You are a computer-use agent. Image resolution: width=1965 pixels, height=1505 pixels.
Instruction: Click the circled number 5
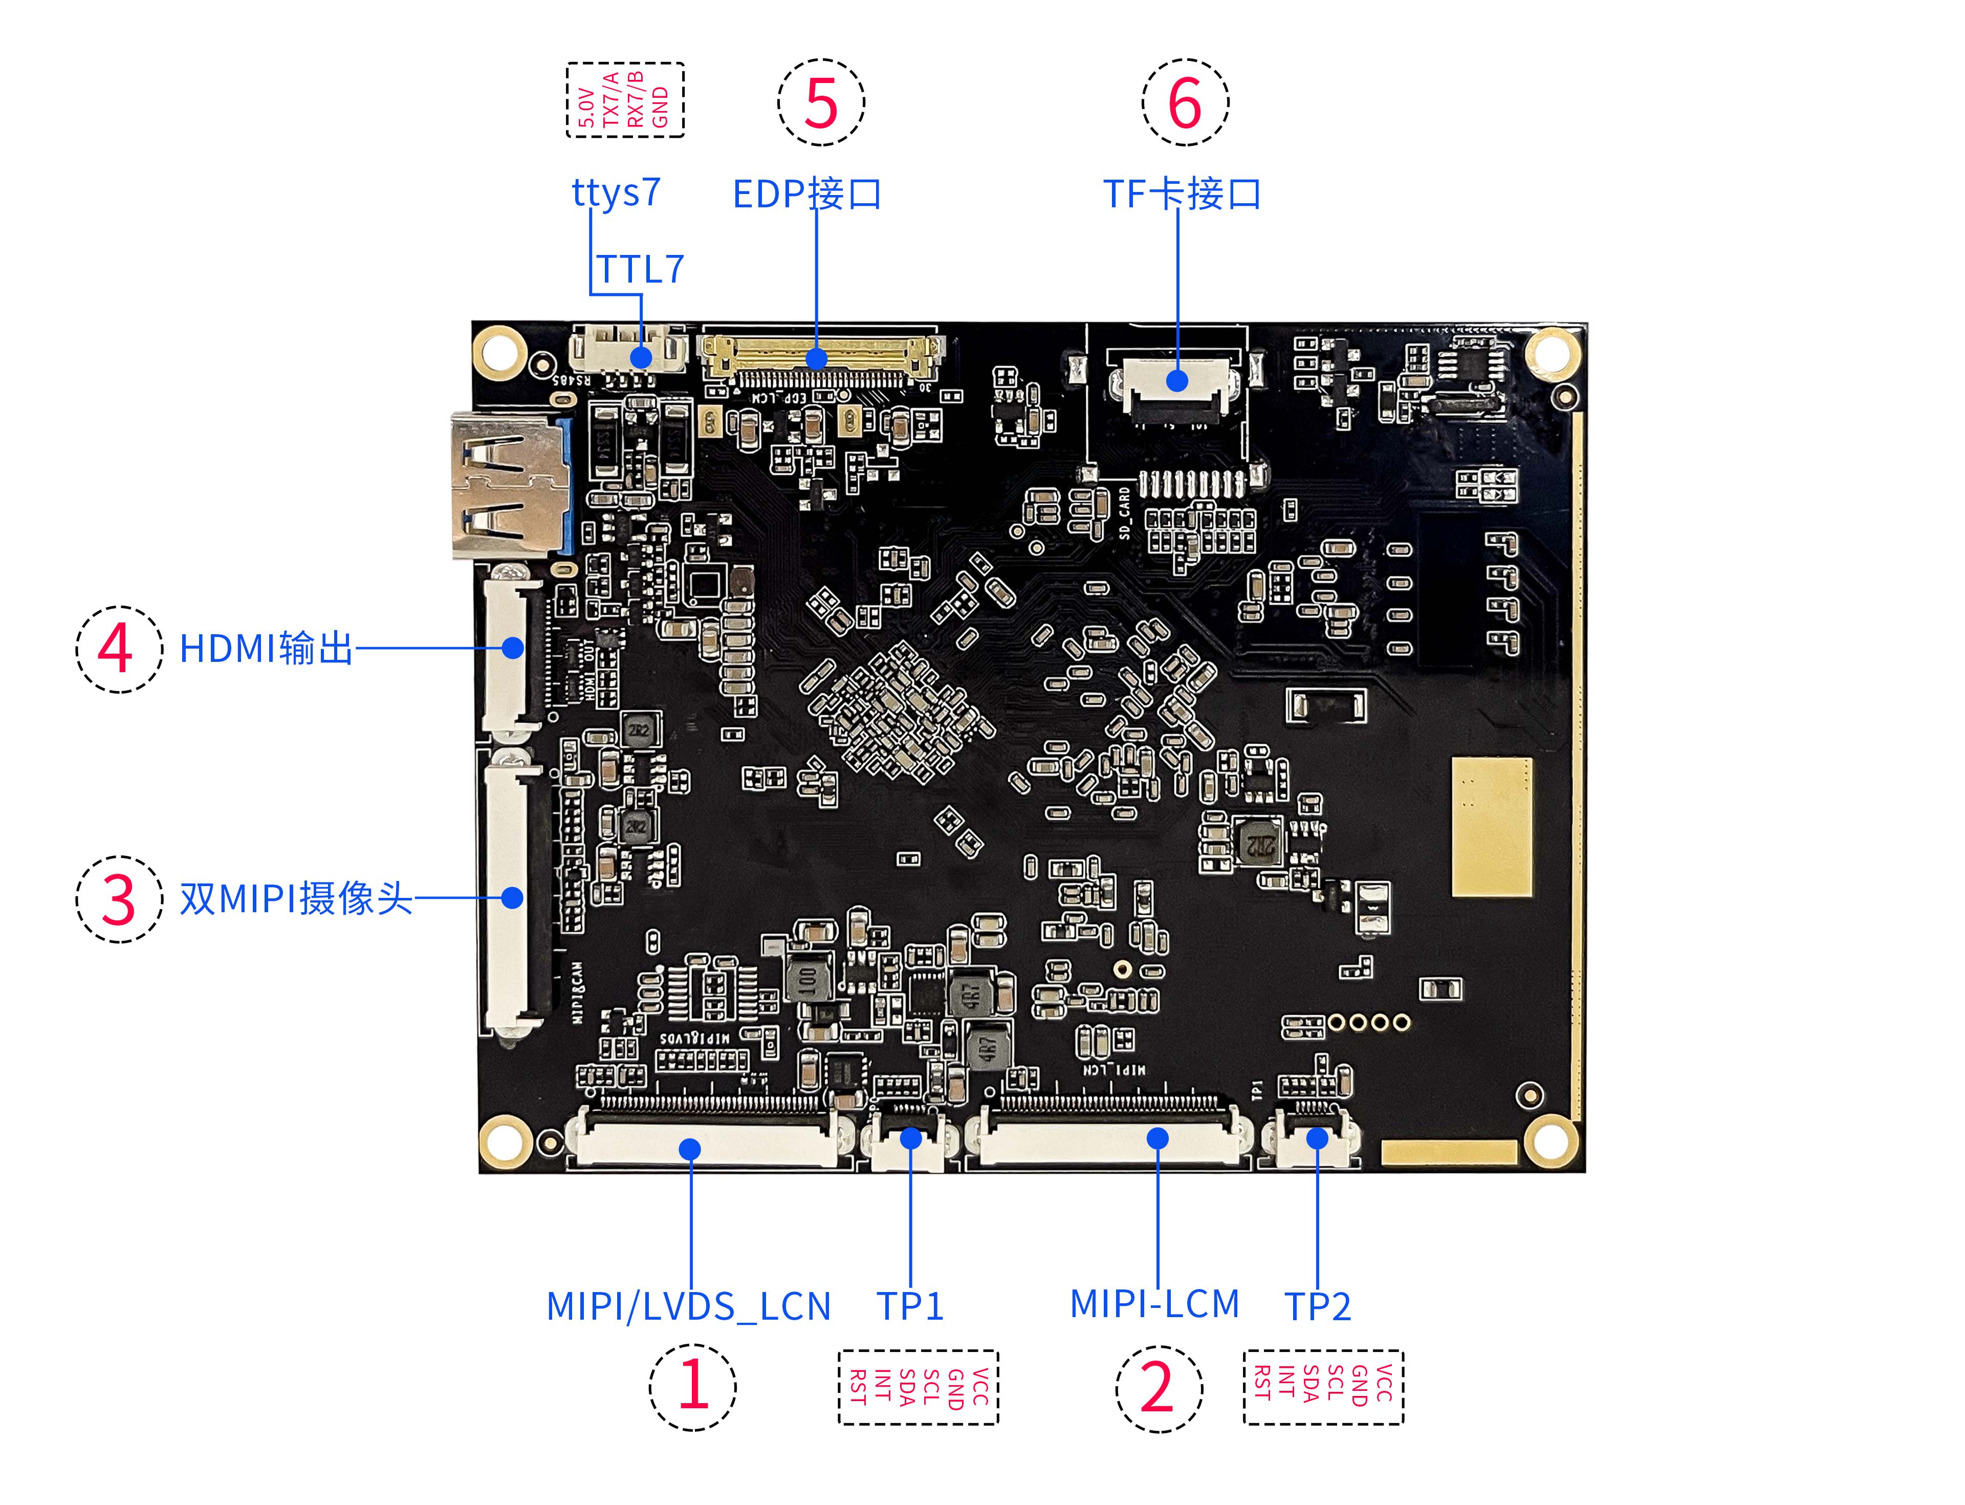820,103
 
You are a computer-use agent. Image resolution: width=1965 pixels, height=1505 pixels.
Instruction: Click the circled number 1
692,1386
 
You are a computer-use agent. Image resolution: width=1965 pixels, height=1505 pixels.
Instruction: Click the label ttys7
616,192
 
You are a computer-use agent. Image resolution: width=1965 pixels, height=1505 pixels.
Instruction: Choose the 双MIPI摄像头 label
296,898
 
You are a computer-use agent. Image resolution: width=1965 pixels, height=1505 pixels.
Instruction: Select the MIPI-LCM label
1154,1303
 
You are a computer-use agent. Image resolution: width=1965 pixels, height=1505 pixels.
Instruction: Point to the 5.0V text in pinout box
586,107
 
